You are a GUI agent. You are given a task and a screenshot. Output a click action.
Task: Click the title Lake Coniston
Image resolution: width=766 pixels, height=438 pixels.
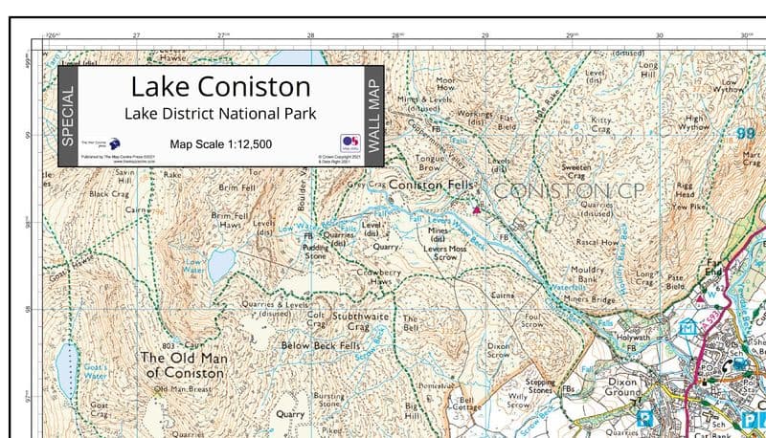click(x=220, y=87)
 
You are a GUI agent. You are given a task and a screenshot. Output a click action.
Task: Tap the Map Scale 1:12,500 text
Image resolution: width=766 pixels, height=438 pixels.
click(x=220, y=144)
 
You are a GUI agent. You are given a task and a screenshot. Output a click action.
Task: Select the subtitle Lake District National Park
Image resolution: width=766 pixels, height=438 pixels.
click(x=220, y=115)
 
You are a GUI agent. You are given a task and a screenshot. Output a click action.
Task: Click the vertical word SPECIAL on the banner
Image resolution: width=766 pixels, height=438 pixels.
click(x=67, y=117)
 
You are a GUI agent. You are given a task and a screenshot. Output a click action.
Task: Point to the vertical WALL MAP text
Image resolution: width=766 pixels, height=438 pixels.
click(x=373, y=117)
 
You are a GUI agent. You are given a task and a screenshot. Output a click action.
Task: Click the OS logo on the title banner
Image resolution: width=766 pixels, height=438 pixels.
click(x=349, y=142)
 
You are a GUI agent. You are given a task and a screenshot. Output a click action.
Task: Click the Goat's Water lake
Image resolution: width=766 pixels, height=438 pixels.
click(x=65, y=369)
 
